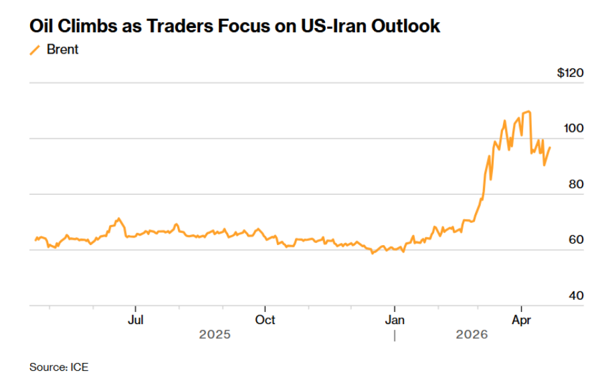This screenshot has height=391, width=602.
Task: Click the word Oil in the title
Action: (x=42, y=26)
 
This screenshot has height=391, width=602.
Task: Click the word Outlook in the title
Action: (x=409, y=26)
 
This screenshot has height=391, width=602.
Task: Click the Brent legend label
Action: (x=62, y=50)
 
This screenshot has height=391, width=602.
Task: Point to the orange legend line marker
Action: (x=36, y=50)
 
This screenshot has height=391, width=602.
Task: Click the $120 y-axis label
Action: (x=570, y=73)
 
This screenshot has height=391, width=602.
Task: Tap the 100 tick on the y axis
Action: (x=574, y=129)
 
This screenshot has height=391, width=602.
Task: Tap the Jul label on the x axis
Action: (x=136, y=319)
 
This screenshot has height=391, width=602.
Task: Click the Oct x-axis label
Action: (x=266, y=319)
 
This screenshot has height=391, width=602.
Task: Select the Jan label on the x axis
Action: (x=395, y=319)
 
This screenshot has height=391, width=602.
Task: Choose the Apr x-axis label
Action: (x=521, y=319)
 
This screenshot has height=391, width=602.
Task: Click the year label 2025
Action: (x=215, y=334)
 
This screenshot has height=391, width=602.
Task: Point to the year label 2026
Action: (x=472, y=334)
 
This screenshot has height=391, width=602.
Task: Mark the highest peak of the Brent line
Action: (x=528, y=112)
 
